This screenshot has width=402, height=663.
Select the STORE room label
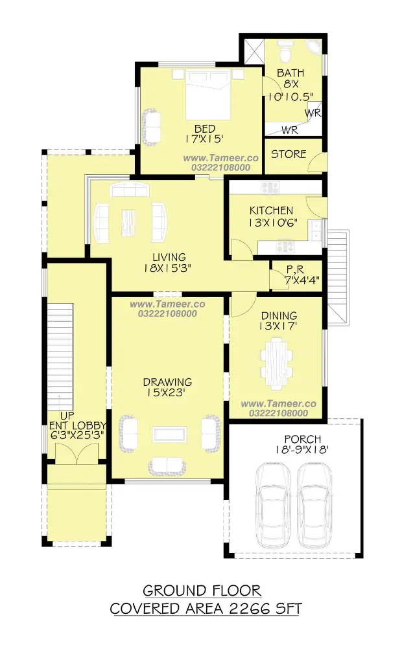click(289, 154)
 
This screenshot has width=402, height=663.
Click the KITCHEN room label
click(271, 210)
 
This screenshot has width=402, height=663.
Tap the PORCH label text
click(302, 440)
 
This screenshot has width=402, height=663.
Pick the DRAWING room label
click(167, 382)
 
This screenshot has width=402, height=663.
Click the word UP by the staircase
click(67, 416)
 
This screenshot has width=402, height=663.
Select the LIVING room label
click(169, 256)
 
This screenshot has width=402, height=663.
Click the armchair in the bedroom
click(151, 128)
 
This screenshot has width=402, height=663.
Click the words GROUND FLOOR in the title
click(202, 590)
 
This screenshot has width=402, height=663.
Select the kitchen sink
click(316, 231)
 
